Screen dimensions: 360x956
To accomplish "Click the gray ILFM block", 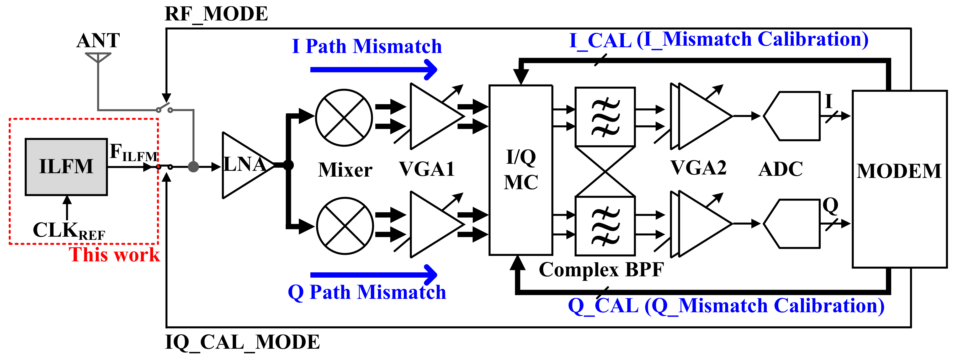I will (x=66, y=167).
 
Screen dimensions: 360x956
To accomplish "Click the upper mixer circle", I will (x=344, y=118).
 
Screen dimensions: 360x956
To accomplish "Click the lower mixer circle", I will (x=345, y=226).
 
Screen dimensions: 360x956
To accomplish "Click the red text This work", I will (x=114, y=255).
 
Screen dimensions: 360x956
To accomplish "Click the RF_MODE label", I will (x=216, y=14).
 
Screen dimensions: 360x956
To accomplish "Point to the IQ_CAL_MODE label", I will (x=242, y=342).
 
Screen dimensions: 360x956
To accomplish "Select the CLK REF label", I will (x=69, y=230).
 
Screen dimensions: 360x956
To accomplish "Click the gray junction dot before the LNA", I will (x=193, y=167).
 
